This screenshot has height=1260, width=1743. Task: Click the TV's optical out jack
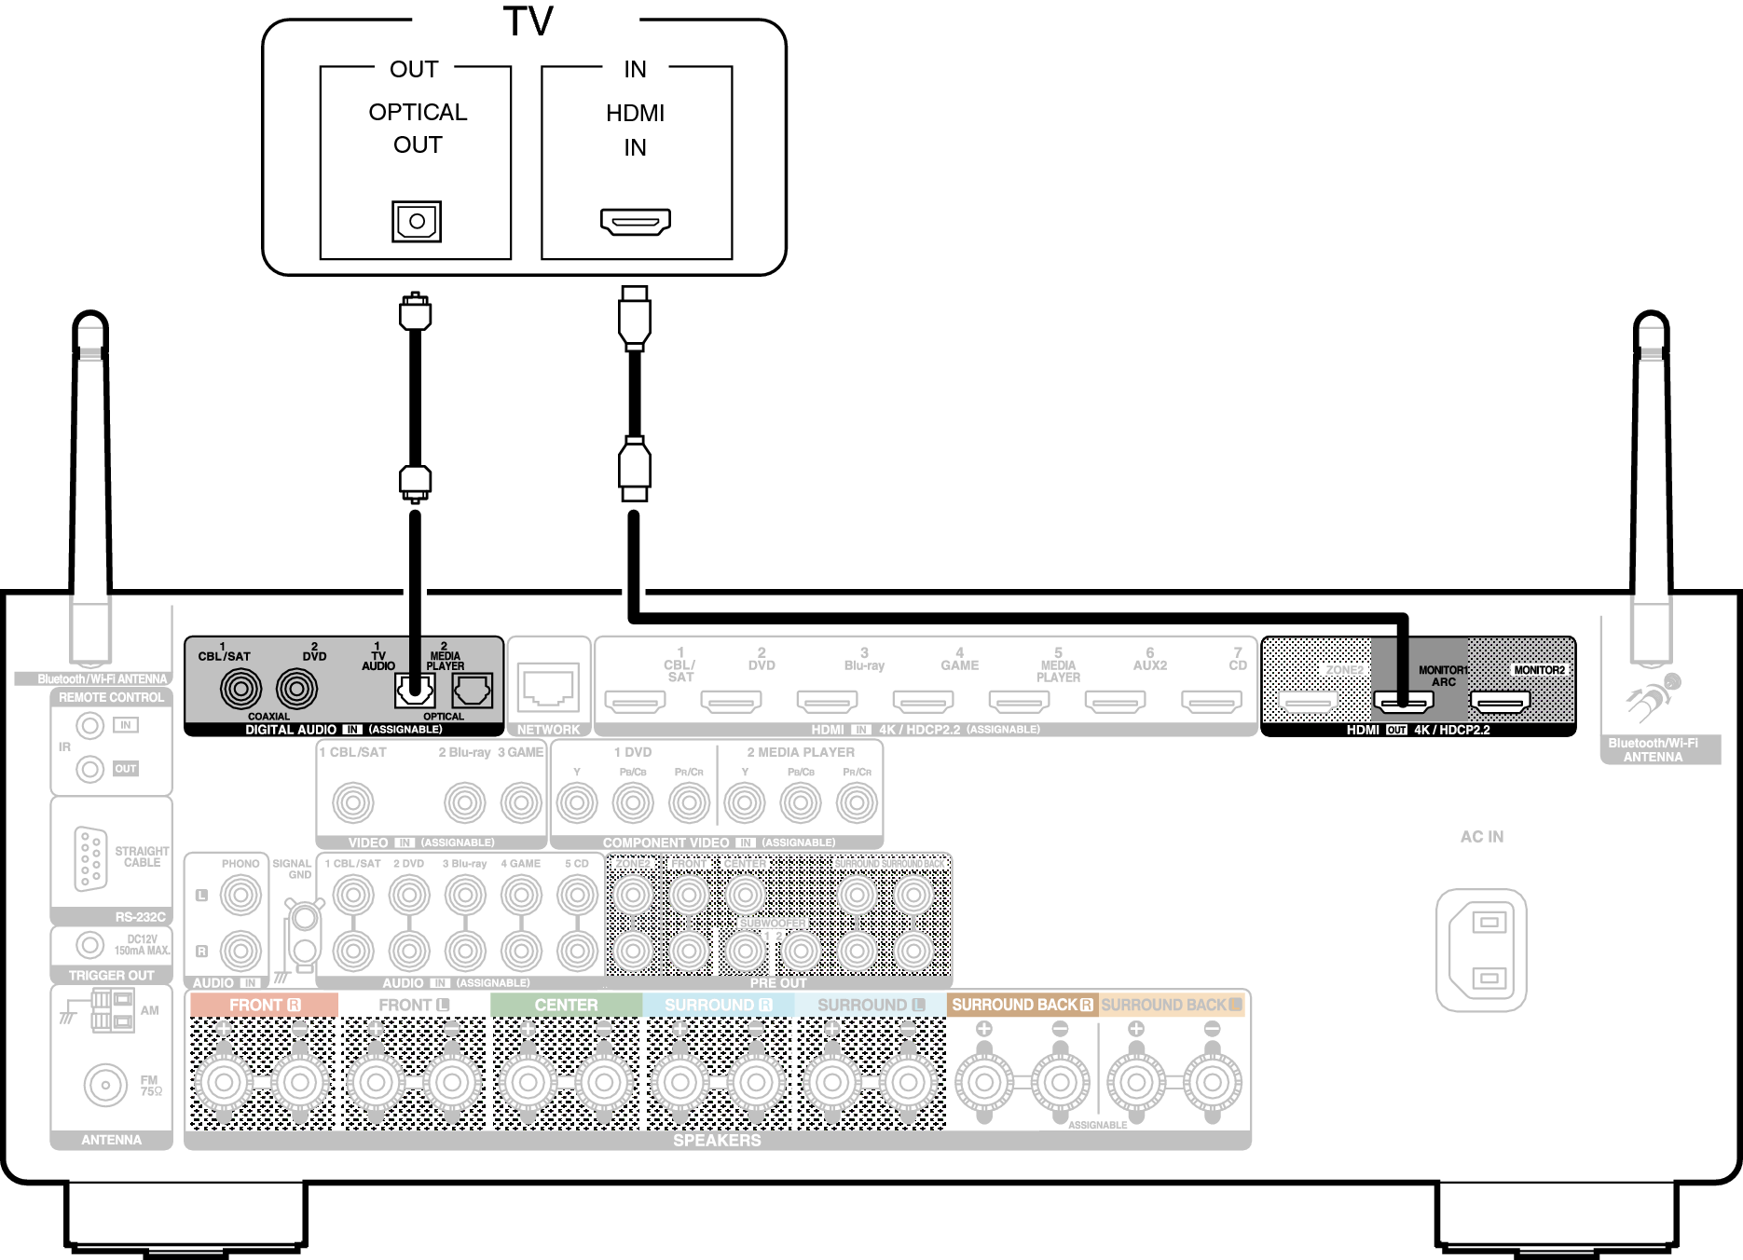pyautogui.click(x=417, y=221)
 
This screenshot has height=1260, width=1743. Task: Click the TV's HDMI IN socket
pyautogui.click(x=636, y=222)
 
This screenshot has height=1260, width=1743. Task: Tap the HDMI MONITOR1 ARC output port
pyautogui.click(x=1403, y=701)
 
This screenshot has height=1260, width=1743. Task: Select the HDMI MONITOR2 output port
pyautogui.click(x=1500, y=701)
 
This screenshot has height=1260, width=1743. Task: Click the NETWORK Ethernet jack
pyautogui.click(x=548, y=687)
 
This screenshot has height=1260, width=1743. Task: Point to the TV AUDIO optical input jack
pyautogui.click(x=415, y=691)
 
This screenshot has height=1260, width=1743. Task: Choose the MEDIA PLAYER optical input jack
pyautogui.click(x=472, y=691)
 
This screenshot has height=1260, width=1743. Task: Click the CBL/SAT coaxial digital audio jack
pyautogui.click(x=240, y=690)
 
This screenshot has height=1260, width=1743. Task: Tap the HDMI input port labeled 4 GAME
pyautogui.click(x=923, y=701)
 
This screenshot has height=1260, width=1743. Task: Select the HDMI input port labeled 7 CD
pyautogui.click(x=1211, y=701)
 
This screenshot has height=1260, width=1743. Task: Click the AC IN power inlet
pyautogui.click(x=1481, y=950)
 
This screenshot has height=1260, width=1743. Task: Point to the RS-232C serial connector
pyautogui.click(x=90, y=858)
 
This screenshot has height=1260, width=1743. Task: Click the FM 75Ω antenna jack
pyautogui.click(x=105, y=1085)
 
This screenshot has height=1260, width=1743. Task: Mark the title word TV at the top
pyautogui.click(x=528, y=21)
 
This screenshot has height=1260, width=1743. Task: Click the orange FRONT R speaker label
pyautogui.click(x=264, y=1005)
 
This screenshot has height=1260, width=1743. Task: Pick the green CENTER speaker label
pyautogui.click(x=566, y=1005)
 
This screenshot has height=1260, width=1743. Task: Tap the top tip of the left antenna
pyautogui.click(x=90, y=317)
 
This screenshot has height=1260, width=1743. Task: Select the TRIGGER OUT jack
pyautogui.click(x=89, y=945)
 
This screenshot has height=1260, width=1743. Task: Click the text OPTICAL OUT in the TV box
pyautogui.click(x=418, y=128)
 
